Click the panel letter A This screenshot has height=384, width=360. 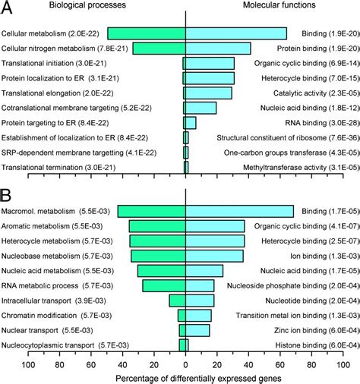click(11, 9)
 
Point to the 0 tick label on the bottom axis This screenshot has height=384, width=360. click(186, 364)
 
